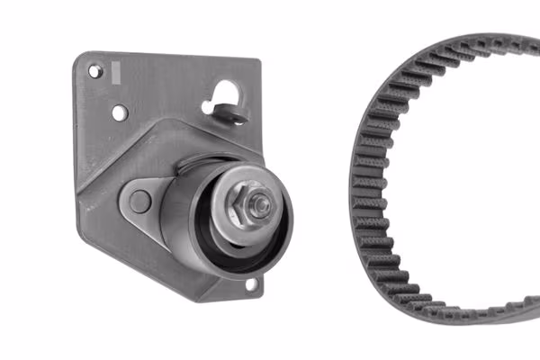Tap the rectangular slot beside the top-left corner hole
(114, 70)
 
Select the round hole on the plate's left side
(119, 112)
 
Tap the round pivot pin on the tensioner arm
(139, 201)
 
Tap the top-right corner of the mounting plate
(259, 63)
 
